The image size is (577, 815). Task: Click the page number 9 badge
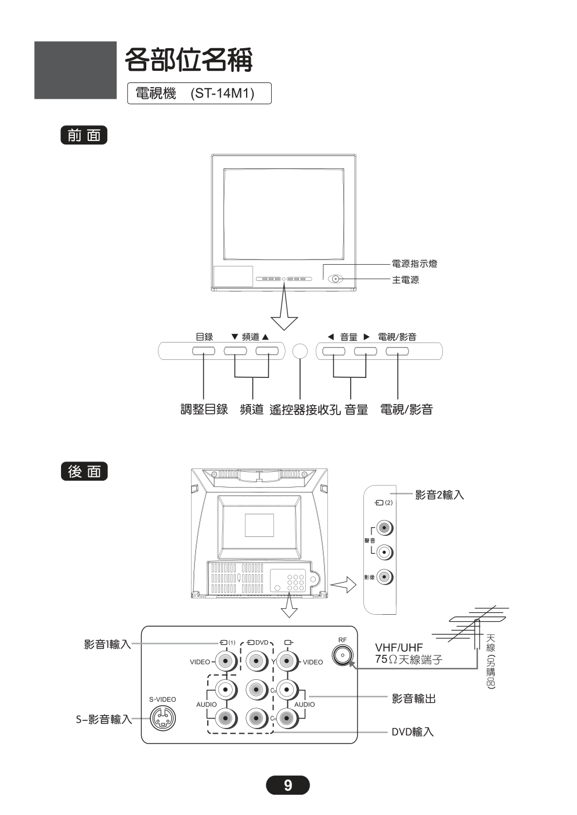[288, 785]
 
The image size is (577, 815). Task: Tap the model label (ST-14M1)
[222, 93]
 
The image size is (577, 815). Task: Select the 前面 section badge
[84, 135]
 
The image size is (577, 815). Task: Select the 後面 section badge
[84, 471]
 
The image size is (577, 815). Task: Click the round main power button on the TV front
[336, 279]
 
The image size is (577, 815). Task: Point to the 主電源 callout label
[405, 280]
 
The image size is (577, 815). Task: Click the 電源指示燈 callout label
[414, 264]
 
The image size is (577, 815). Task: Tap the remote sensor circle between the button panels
[300, 351]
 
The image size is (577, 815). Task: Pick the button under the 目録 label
[204, 351]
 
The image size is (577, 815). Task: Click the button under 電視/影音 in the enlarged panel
[397, 351]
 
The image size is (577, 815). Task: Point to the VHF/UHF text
[399, 647]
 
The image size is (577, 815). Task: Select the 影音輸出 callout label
[413, 699]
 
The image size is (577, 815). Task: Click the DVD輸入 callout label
[412, 732]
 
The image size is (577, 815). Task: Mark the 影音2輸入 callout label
[439, 495]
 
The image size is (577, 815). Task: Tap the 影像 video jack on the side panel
[384, 577]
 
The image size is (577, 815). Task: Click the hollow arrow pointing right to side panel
[343, 585]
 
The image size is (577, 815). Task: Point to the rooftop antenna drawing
[473, 627]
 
